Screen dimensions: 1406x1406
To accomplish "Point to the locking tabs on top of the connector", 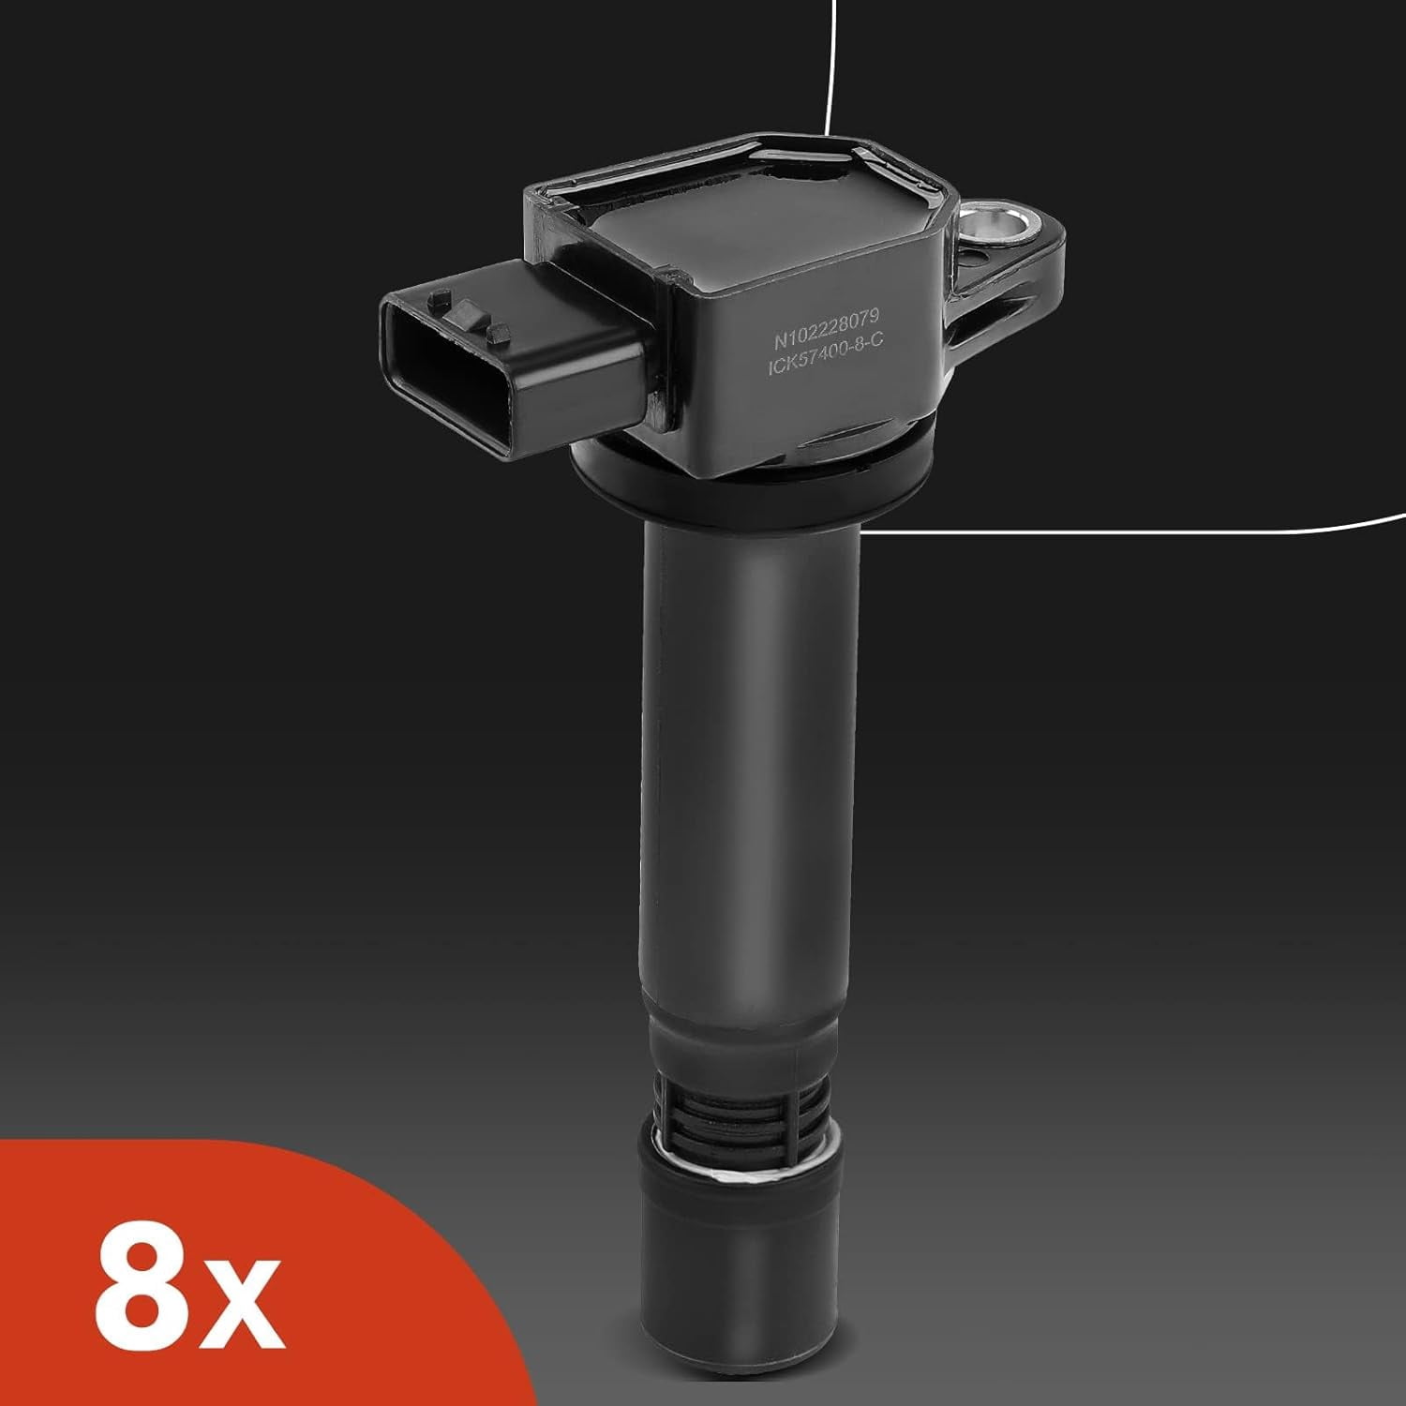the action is coord(467,315).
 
